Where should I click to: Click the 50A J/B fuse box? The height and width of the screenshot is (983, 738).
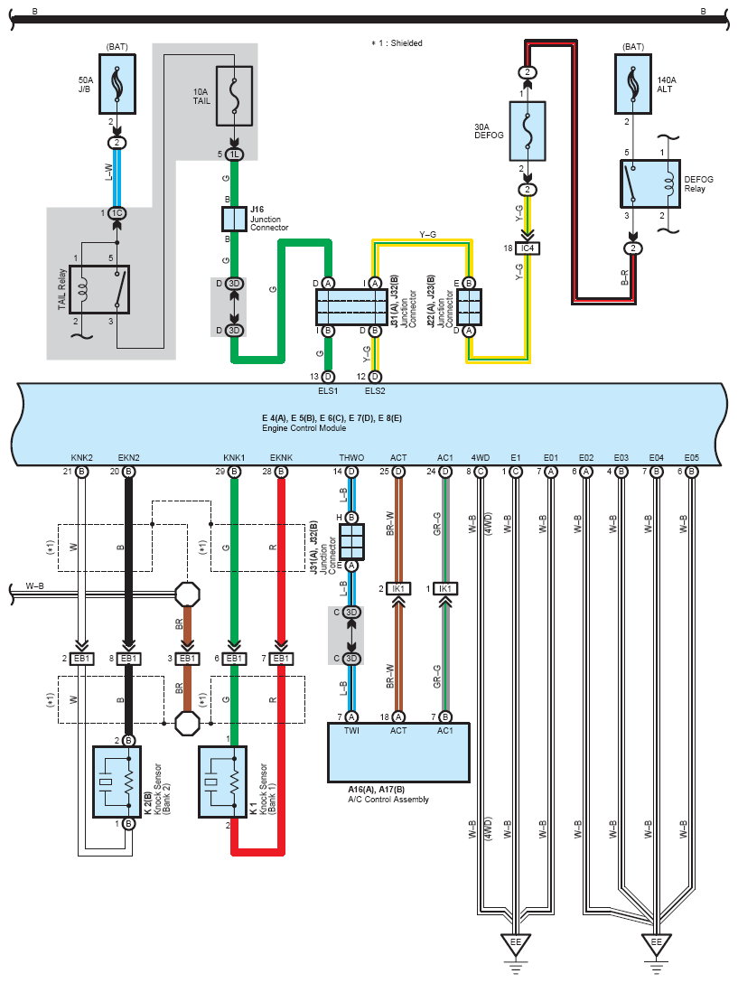(x=117, y=84)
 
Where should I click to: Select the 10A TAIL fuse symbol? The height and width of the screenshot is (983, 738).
(x=235, y=96)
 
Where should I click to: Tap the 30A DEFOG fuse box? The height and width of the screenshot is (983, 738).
(x=528, y=131)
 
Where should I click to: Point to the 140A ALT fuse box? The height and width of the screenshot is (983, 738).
(x=633, y=84)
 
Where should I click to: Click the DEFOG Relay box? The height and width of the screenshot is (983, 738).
(x=650, y=183)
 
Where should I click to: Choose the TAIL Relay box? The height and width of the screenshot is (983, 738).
(x=99, y=290)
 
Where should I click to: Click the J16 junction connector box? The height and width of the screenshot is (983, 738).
(x=235, y=219)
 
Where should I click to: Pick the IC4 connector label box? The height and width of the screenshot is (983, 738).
(x=528, y=248)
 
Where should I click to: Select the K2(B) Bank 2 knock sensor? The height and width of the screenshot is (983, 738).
(x=117, y=782)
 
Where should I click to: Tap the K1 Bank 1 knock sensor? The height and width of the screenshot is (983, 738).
(x=222, y=782)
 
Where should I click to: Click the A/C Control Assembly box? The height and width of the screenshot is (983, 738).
(x=398, y=753)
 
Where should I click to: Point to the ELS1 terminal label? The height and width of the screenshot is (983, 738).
(x=328, y=390)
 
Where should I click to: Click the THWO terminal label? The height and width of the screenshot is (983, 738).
(x=351, y=458)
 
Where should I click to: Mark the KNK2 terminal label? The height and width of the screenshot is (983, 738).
(x=81, y=458)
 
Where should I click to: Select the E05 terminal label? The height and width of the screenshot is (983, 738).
(x=692, y=458)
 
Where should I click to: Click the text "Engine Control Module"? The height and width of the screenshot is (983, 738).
(x=304, y=428)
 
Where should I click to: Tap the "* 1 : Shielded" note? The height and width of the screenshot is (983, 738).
(x=397, y=43)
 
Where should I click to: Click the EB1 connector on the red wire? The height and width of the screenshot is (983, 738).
(x=281, y=659)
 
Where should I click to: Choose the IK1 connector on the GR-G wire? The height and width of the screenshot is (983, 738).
(x=445, y=589)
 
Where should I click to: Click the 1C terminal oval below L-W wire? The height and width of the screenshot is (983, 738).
(x=117, y=213)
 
